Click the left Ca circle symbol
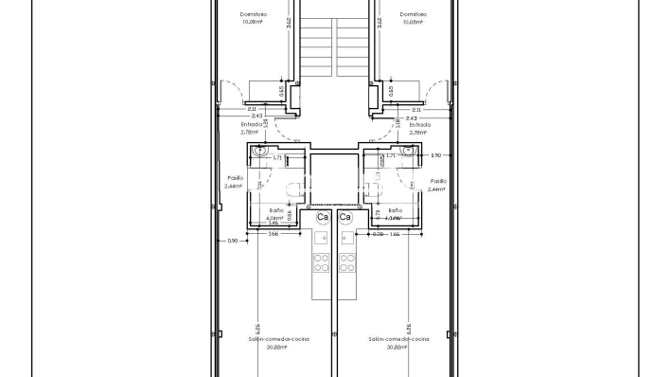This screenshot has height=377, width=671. coord(323,217)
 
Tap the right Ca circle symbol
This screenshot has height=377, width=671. coord(345,217)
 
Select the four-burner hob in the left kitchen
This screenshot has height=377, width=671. coord(322,261)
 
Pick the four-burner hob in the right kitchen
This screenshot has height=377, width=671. coord(347,261)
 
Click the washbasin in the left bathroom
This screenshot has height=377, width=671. coord(257,150)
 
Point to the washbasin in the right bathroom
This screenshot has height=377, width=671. coord(409,150)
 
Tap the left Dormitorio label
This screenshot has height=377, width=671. coord(253,14)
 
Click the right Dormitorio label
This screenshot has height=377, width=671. coord(413,14)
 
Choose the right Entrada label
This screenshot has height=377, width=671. coord(419,124)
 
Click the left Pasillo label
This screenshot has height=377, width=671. coord(236,177)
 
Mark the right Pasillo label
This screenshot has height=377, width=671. coord(437,180)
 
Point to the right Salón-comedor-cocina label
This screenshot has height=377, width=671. coord(400,338)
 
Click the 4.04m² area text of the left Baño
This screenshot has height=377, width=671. coord(275,218)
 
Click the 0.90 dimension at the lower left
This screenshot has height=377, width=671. coord(232,241)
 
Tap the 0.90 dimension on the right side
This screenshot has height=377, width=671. coord(435,155)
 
